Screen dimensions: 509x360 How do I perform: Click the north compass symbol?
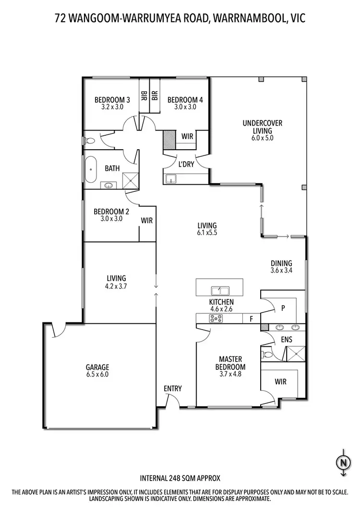342,463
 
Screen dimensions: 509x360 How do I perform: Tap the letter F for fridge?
250,319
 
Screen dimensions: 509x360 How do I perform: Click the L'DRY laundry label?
186,164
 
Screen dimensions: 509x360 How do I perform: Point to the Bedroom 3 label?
112,100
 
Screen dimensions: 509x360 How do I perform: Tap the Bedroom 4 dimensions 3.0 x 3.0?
185,107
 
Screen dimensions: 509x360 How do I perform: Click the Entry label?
172,389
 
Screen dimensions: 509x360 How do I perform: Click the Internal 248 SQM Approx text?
180,478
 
